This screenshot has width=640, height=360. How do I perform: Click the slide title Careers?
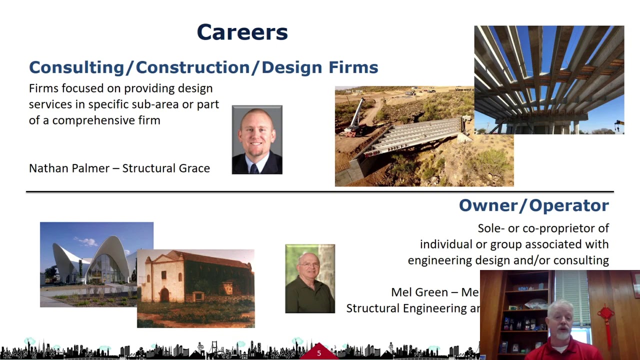(242, 32)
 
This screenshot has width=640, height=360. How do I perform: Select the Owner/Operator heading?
(533, 205)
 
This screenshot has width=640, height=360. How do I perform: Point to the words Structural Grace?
(166, 168)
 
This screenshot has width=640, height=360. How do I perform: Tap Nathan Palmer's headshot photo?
(257, 139)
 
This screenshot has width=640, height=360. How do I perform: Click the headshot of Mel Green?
(310, 278)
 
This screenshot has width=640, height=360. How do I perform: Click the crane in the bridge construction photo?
(355, 117)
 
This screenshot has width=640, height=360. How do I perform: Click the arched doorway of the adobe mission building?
(164, 294)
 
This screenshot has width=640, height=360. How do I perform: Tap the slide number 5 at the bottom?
(319, 353)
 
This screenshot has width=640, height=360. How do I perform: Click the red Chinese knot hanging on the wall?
(606, 320)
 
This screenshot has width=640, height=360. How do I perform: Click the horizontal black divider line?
(320, 191)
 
